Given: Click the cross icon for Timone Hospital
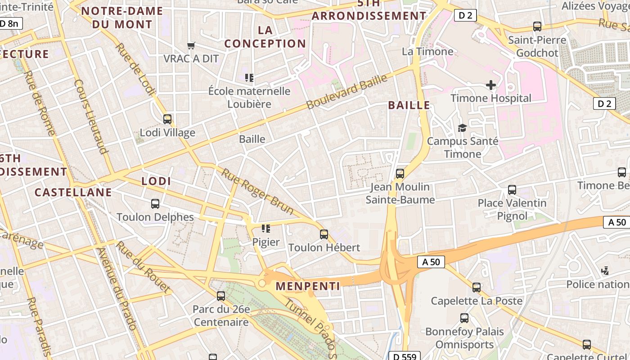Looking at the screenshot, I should tap(491, 85).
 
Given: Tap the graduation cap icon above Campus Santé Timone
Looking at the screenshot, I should tap(462, 128).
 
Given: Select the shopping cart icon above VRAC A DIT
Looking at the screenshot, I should tap(191, 45).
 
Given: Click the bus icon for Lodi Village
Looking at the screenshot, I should tap(167, 119).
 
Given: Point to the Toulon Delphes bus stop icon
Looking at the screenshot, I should tap(155, 204).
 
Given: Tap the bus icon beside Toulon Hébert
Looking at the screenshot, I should tap(324, 234).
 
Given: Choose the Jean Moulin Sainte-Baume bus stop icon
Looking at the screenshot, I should tap(400, 174).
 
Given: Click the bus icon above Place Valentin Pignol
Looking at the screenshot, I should tap(512, 190).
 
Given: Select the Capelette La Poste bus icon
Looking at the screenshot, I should tap(477, 288).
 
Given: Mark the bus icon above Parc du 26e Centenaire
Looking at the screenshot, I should tap(221, 296).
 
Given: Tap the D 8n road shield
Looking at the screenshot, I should tap(10, 23).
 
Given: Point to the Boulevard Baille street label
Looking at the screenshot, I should tap(346, 92).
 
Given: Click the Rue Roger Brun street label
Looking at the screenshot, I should tap(257, 191).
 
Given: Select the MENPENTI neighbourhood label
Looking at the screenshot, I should tap(308, 286).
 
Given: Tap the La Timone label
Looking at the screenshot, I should tap(427, 51).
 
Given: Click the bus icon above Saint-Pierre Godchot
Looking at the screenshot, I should tap(537, 27).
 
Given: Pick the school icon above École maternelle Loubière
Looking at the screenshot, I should tap(249, 78).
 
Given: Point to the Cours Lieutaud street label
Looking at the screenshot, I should tap(91, 117).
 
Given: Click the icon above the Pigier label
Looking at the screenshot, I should tap(266, 229).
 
